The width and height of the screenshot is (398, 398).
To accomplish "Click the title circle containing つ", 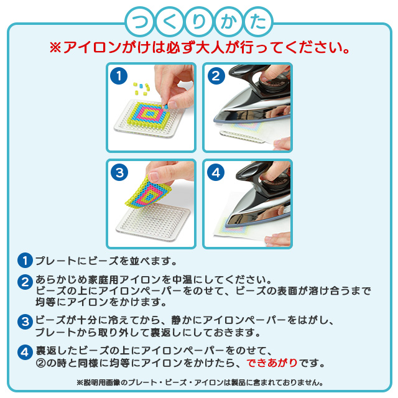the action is (140, 22).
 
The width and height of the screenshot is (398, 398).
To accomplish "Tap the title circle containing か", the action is (229, 22).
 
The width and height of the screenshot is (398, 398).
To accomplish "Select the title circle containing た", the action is (258, 22).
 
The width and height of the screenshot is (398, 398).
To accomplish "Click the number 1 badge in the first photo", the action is (119, 76).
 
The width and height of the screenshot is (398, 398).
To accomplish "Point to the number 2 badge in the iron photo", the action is (216, 76).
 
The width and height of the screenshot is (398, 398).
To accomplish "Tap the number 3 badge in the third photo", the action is (119, 172).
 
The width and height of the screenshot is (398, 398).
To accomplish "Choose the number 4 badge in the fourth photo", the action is (216, 172).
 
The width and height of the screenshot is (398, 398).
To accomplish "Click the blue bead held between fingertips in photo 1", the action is (166, 106).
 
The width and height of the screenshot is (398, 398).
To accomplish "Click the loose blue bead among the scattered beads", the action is (141, 86).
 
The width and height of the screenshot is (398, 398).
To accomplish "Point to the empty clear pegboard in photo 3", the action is (153, 221).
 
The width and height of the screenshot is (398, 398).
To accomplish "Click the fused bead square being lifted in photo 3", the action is (149, 192).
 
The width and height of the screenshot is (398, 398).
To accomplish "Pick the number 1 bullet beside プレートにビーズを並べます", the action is (25, 261).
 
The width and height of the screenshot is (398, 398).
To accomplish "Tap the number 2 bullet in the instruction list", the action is (25, 282).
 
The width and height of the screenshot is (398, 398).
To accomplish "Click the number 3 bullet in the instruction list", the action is (25, 322).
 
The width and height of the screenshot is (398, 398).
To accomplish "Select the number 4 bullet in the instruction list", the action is (25, 353).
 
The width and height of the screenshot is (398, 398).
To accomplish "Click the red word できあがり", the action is (272, 363).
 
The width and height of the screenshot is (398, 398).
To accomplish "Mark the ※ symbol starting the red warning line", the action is (55, 47).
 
